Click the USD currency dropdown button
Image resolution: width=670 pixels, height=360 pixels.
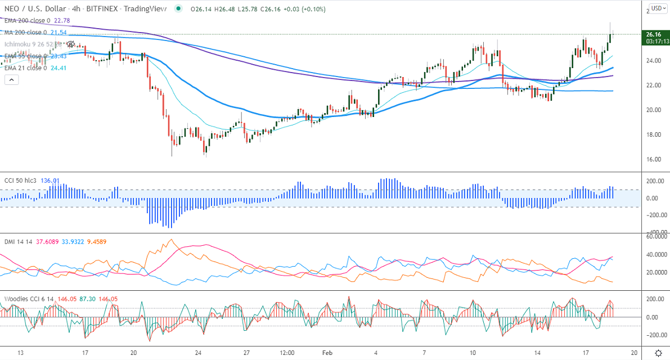pos(656,8)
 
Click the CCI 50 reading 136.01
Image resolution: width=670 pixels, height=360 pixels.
pos(50,181)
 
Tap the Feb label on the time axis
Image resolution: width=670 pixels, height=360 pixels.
pos(328,353)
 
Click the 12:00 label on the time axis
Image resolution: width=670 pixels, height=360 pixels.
pos(287,353)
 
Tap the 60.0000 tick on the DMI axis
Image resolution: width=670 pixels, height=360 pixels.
pos(656,237)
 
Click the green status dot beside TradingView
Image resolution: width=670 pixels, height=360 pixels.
pos(178,9)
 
